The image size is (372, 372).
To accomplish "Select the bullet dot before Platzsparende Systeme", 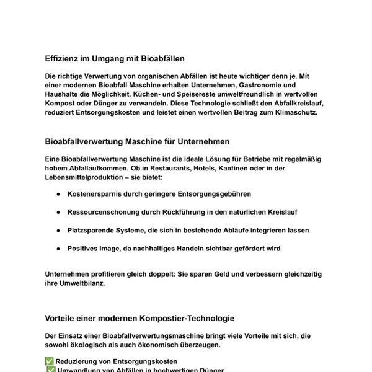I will click(58, 231).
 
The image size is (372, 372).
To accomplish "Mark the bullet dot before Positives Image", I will click(58, 249).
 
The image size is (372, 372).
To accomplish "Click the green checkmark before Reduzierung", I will click(50, 361).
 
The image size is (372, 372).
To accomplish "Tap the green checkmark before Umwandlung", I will click(51, 370).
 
